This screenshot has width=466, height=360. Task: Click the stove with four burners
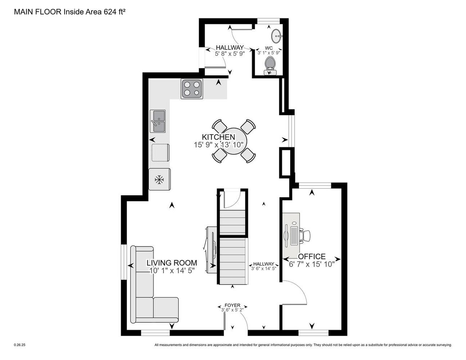(192, 88)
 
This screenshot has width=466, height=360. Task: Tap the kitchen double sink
(158, 121)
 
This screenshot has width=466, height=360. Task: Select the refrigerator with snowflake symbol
(159, 179)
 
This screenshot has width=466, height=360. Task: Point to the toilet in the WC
(270, 64)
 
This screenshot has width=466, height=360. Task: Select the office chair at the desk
(305, 235)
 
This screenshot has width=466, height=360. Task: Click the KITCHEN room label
(218, 137)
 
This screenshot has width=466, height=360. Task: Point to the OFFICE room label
(312, 257)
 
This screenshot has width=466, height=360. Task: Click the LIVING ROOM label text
(172, 263)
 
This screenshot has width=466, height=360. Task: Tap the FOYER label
(232, 305)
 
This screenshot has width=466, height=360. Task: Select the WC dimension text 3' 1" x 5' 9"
(269, 53)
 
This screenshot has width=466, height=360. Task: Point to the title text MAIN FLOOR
(38, 12)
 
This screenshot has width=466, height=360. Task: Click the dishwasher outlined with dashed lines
(160, 153)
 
